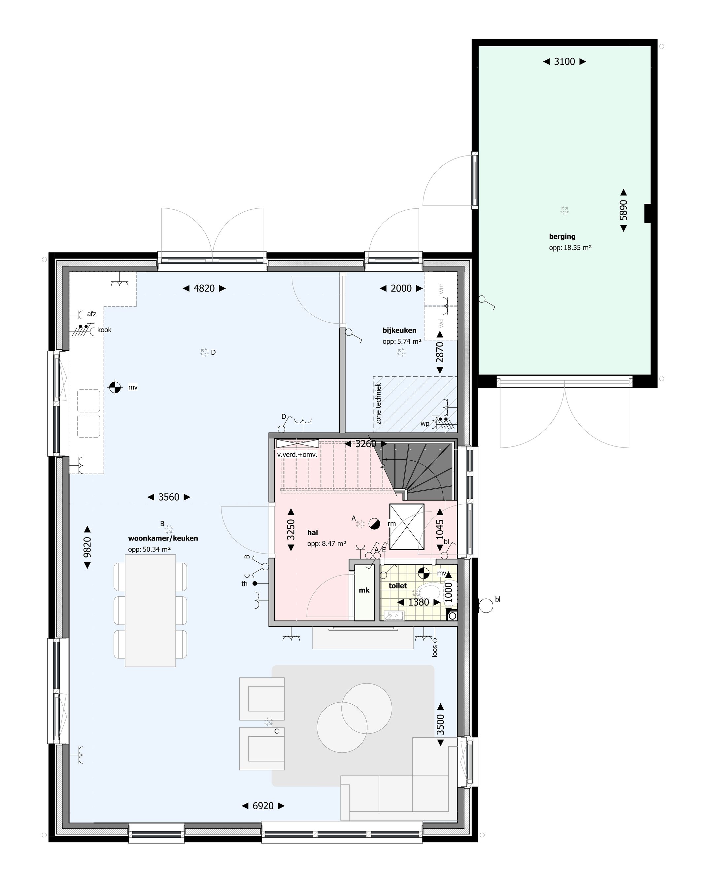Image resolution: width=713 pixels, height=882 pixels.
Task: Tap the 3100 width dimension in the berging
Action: pyautogui.click(x=564, y=62)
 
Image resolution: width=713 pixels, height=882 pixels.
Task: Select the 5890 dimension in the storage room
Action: pyautogui.click(x=624, y=210)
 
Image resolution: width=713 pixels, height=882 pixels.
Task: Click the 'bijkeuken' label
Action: pyautogui.click(x=399, y=330)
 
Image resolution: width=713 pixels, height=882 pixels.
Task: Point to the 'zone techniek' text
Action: pyautogui.click(x=378, y=404)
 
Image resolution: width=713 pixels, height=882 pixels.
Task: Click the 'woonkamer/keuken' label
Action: pyautogui.click(x=163, y=538)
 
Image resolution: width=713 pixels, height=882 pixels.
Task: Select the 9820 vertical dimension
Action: pyautogui.click(x=87, y=547)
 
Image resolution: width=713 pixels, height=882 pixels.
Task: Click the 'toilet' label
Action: pyautogui.click(x=397, y=585)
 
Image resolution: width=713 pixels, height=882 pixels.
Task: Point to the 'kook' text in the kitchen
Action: pyautogui.click(x=104, y=330)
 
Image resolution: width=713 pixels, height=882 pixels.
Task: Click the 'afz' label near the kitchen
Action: pyautogui.click(x=91, y=314)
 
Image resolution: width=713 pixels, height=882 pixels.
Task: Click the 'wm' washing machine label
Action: pyautogui.click(x=442, y=288)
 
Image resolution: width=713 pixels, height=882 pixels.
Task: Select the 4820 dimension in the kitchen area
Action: pyautogui.click(x=204, y=288)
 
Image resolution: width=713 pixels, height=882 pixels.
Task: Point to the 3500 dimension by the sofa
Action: pyautogui.click(x=440, y=725)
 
